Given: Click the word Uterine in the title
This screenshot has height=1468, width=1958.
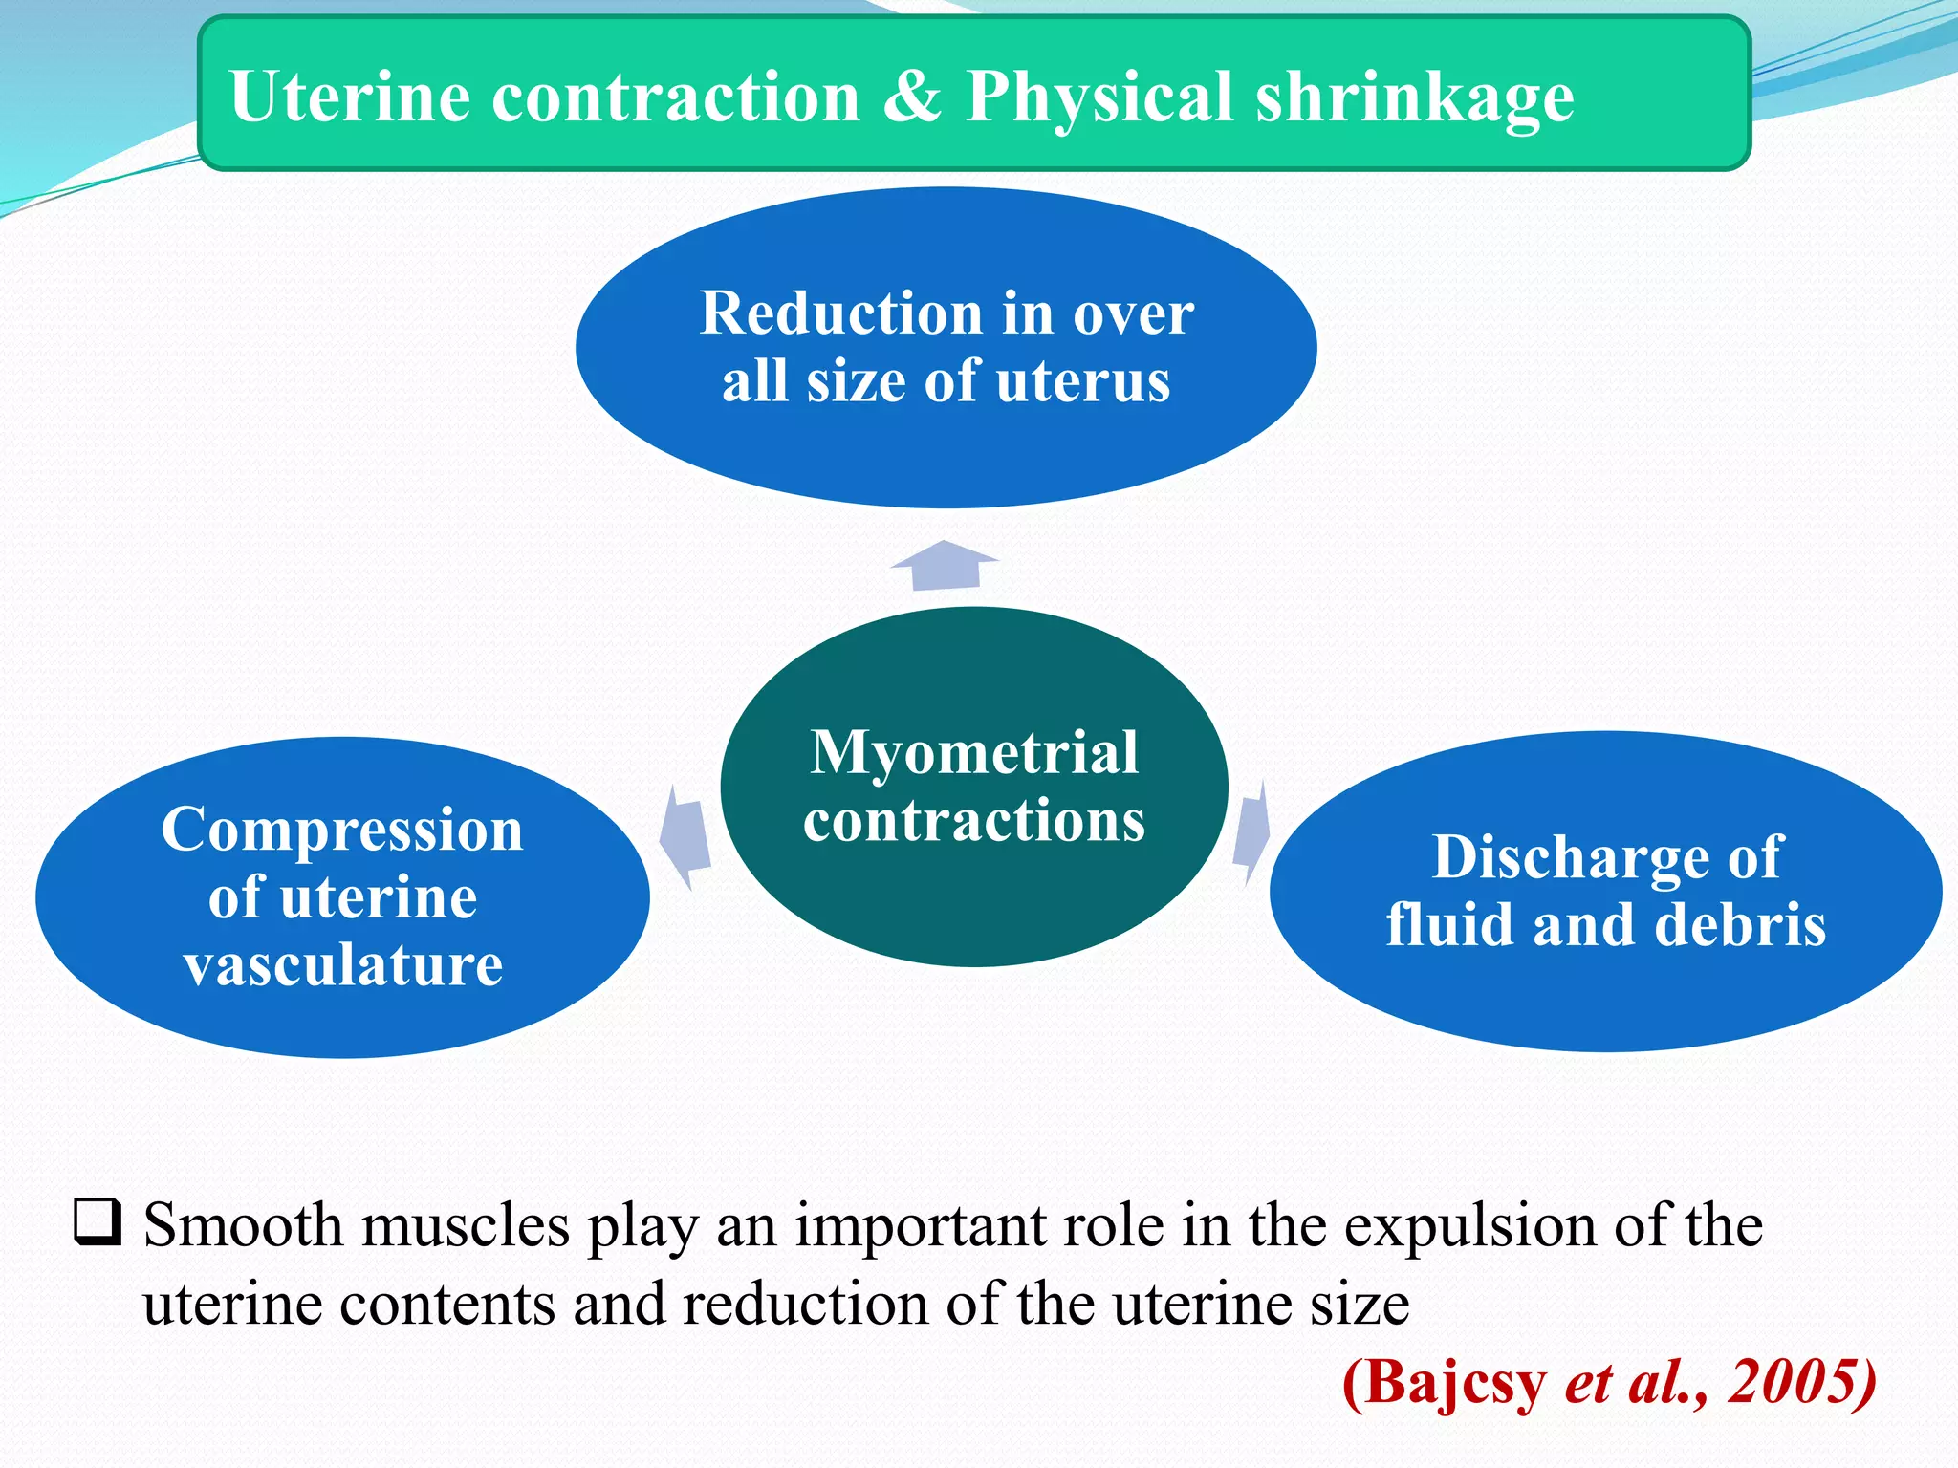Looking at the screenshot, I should pyautogui.click(x=350, y=97).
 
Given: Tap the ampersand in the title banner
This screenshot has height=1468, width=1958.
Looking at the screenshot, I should pyautogui.click(x=911, y=97).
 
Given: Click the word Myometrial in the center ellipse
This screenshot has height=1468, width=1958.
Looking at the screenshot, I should pyautogui.click(x=974, y=752).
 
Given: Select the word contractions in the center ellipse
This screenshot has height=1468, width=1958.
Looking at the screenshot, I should pyautogui.click(x=974, y=820).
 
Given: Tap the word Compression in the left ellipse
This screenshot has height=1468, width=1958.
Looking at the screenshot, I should pyautogui.click(x=342, y=830).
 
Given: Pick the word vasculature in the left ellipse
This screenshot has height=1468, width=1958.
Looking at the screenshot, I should pyautogui.click(x=343, y=964).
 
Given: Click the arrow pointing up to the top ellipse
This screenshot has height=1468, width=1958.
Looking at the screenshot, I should pyautogui.click(x=945, y=565).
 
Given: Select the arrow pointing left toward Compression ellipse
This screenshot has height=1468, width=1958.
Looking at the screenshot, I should pyautogui.click(x=685, y=836).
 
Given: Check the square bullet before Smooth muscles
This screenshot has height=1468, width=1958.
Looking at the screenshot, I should pyautogui.click(x=98, y=1222).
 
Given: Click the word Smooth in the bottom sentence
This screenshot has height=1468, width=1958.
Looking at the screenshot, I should pyautogui.click(x=243, y=1224).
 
